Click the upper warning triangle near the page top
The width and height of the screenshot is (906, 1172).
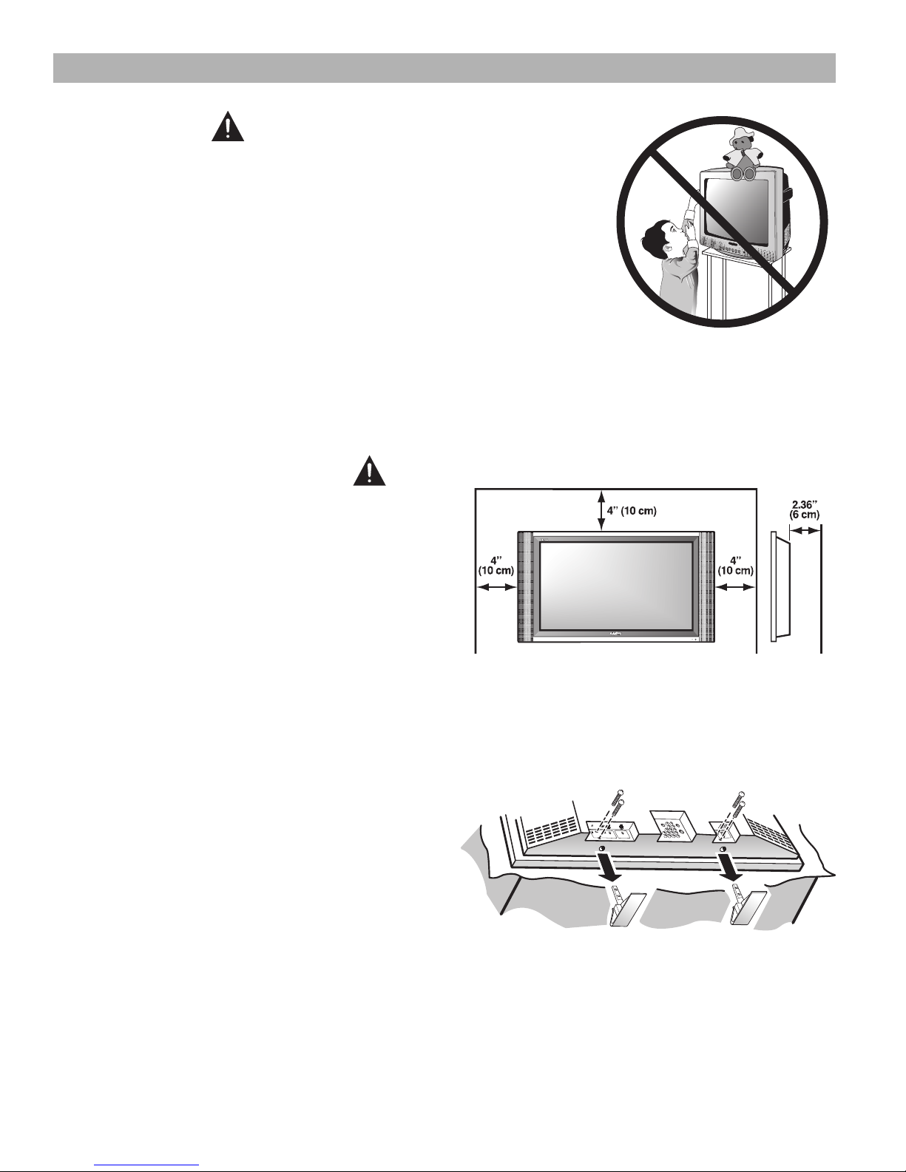228,126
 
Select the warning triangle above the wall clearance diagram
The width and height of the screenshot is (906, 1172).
369,470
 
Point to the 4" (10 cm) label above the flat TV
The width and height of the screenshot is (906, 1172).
632,511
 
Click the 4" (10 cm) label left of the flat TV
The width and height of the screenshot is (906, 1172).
496,565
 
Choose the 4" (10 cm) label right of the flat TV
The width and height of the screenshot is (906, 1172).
735,565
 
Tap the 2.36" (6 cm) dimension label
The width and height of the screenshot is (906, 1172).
805,509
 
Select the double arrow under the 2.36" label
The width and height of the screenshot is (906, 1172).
805,531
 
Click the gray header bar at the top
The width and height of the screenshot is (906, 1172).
444,68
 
